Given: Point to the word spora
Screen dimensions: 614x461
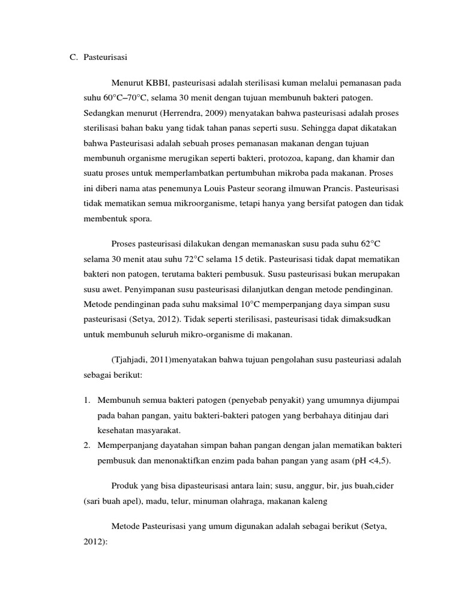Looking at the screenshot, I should (140, 219).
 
